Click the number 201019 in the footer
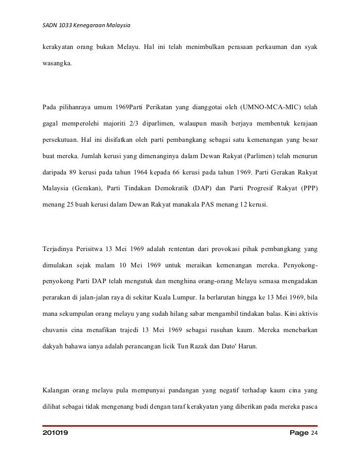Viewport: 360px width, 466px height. pyautogui.click(x=56, y=433)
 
